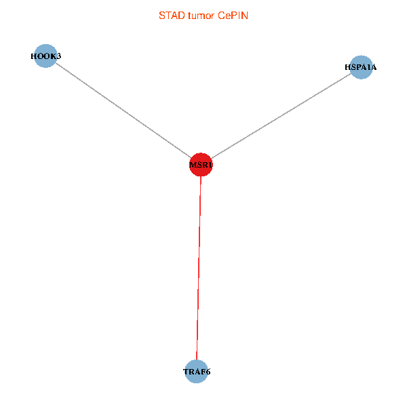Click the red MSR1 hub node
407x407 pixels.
pos(201,164)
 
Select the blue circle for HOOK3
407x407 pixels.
pos(45,56)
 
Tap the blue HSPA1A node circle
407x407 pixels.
pos(361,67)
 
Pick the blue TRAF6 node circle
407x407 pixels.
pos(196,372)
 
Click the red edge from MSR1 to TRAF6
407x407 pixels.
pos(199,271)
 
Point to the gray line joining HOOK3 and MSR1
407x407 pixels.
pos(122,110)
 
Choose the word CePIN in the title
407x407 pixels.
pos(233,16)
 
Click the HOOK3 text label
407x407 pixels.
pos(45,56)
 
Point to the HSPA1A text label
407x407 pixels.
pos(361,67)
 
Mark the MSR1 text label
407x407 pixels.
pos(201,165)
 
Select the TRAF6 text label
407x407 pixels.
pos(196,372)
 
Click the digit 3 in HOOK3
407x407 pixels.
pos(59,56)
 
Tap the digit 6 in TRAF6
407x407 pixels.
pos(208,372)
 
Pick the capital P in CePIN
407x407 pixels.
pos(234,16)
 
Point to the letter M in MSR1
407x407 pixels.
pos(193,165)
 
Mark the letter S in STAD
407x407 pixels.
pos(161,16)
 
